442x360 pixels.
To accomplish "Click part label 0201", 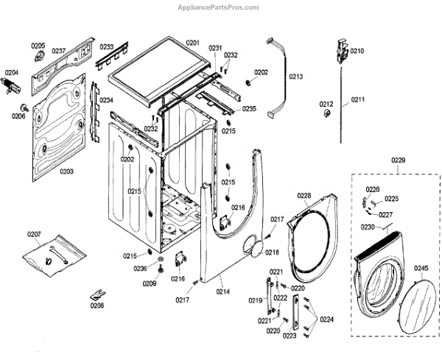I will tap(193, 43).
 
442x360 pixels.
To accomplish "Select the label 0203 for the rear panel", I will tap(66, 172).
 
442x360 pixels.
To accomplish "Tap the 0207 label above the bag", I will tap(34, 234).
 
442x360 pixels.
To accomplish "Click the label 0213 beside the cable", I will tap(296, 77).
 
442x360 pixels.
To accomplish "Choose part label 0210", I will tap(357, 51).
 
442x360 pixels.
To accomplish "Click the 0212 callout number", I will tap(327, 104).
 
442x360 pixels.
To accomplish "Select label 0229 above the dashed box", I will tap(398, 160).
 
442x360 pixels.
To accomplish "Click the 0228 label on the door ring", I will tap(305, 195).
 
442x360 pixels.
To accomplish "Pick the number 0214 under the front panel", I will tap(222, 292).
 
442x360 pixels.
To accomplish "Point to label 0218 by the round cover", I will tap(273, 252).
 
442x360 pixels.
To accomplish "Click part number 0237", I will tap(58, 51).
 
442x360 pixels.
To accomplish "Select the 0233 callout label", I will tap(107, 46).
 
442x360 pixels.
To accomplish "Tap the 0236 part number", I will tap(140, 269).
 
